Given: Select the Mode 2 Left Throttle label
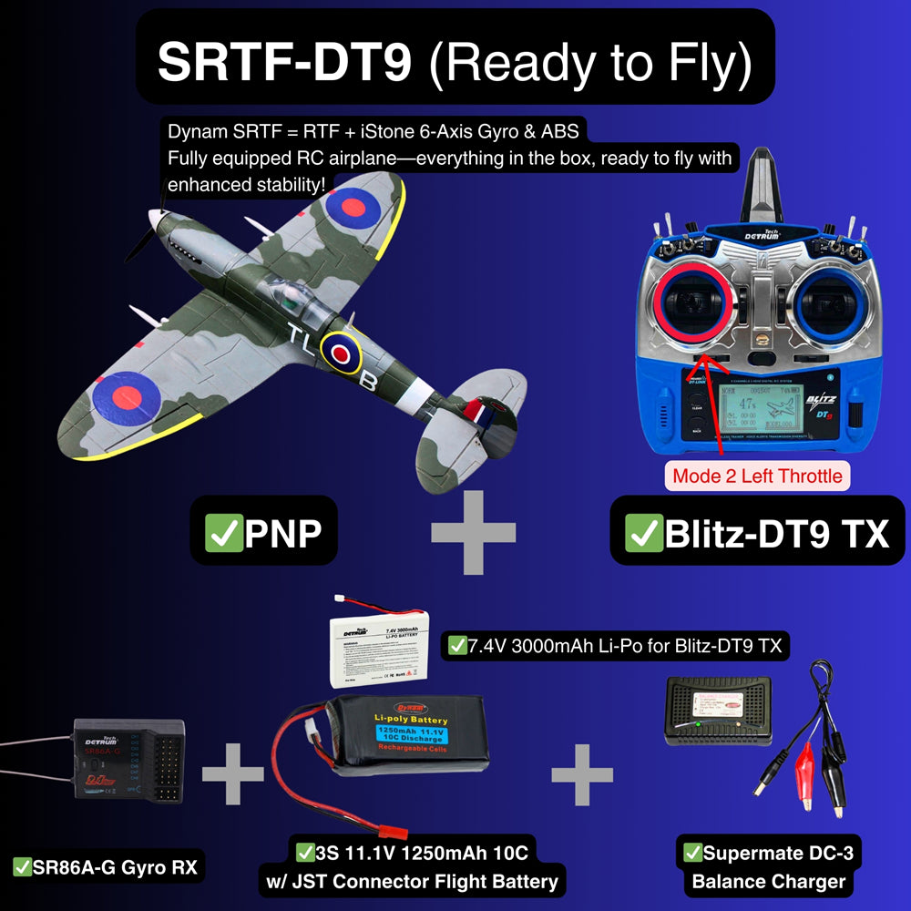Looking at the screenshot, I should coord(757,476).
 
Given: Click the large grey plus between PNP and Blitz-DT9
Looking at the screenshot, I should coord(473,534).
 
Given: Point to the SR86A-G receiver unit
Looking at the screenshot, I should coord(129,762).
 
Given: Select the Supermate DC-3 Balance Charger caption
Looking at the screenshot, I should coord(770,867).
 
